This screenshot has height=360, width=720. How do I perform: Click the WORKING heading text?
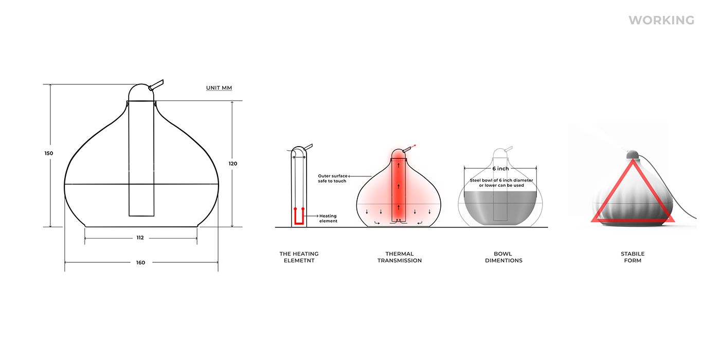click(661, 21)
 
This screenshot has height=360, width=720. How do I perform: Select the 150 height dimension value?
click(48, 153)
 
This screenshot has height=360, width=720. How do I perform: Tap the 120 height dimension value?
click(232, 163)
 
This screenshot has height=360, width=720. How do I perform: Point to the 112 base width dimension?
click(140, 238)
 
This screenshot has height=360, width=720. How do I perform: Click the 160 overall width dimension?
click(140, 262)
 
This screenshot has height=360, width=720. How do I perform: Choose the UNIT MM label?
click(219, 88)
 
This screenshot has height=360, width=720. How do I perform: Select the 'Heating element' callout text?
click(328, 219)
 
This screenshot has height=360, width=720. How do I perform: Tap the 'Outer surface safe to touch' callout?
click(332, 178)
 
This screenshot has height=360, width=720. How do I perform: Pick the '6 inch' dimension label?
click(500, 169)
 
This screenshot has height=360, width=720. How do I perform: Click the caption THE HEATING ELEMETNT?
click(299, 257)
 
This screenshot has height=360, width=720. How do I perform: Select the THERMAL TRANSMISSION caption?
click(400, 257)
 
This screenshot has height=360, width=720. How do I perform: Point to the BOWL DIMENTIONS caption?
click(503, 257)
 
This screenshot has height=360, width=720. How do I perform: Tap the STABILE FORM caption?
click(632, 257)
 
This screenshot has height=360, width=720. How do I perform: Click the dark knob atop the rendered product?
click(632, 154)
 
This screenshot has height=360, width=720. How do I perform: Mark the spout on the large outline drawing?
click(156, 85)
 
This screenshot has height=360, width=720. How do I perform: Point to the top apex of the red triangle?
click(632, 160)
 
